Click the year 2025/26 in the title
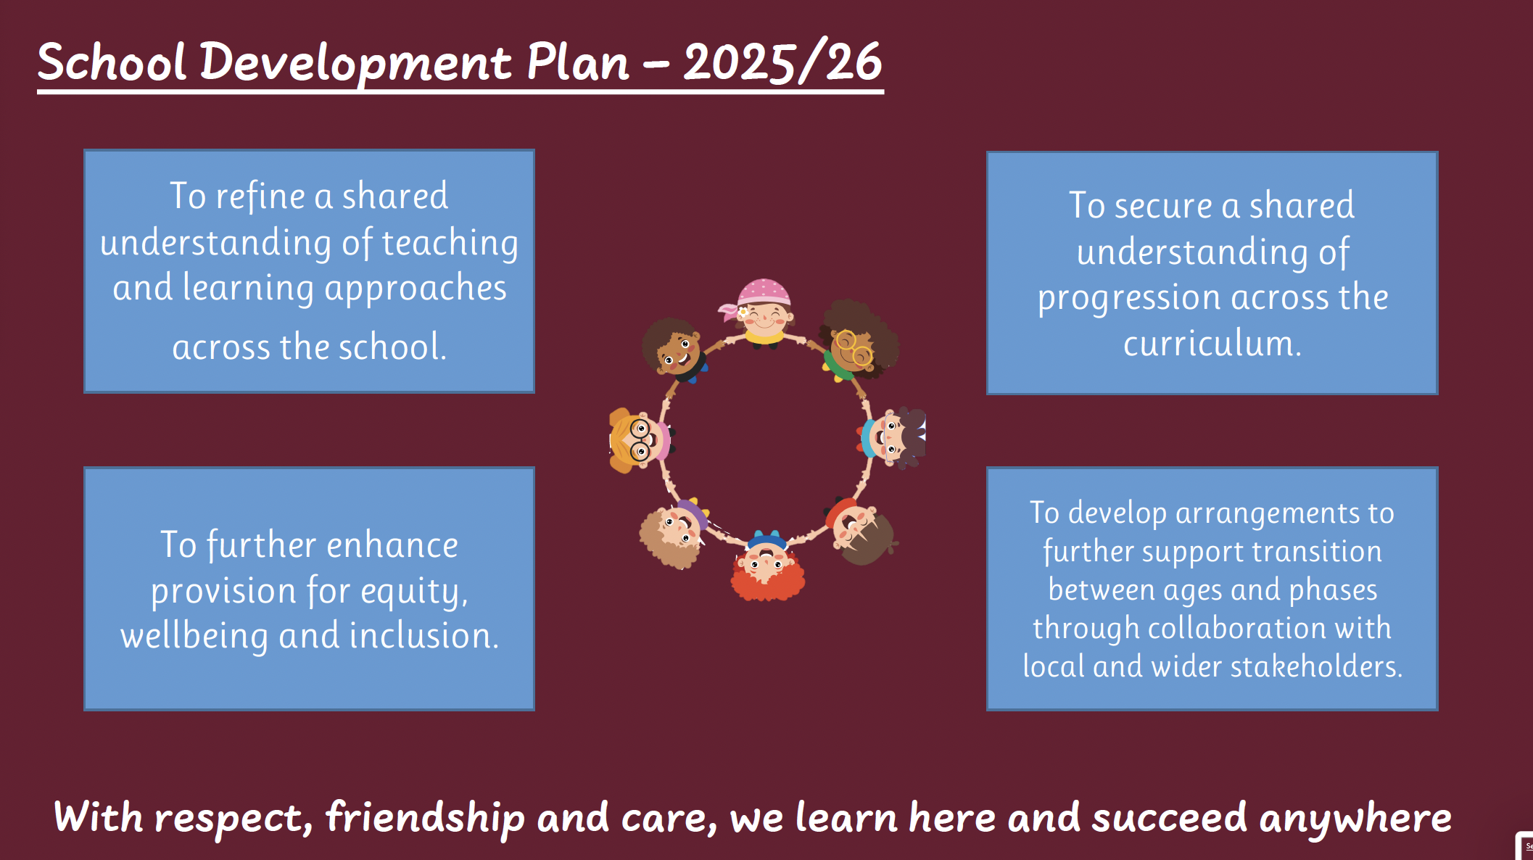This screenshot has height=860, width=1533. (x=782, y=62)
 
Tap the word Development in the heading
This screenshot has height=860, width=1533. (x=356, y=63)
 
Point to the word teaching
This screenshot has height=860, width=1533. (x=450, y=243)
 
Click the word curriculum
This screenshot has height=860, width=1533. (x=1212, y=343)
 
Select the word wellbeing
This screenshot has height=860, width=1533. (x=194, y=636)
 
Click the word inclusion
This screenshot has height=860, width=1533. (x=424, y=635)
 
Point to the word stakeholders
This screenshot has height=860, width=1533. (x=1316, y=666)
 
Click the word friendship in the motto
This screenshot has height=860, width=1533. (x=425, y=818)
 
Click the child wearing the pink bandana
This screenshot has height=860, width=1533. (x=763, y=313)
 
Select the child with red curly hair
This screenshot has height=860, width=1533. (x=767, y=566)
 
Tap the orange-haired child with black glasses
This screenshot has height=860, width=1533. (x=638, y=439)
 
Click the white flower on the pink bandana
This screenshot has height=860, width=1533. (x=743, y=313)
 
